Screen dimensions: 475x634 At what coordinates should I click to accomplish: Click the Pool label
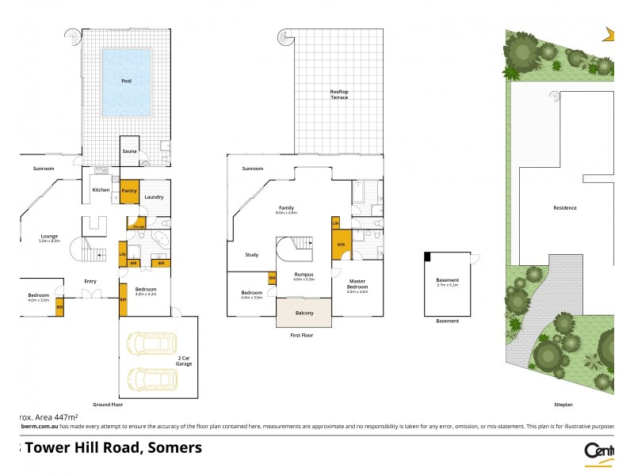(126, 82)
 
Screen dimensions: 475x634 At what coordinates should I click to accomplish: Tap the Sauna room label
(129, 150)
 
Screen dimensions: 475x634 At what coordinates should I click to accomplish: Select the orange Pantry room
(129, 191)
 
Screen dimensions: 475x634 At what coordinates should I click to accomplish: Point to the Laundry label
(155, 197)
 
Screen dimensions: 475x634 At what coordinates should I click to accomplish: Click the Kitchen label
(101, 190)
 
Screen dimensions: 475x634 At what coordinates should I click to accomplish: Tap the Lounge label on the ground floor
(50, 235)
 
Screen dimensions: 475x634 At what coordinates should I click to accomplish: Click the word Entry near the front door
(90, 281)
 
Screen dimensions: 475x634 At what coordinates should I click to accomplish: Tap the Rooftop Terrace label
(339, 94)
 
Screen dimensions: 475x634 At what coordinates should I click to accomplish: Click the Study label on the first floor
(251, 255)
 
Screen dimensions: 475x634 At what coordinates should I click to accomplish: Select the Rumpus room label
(304, 275)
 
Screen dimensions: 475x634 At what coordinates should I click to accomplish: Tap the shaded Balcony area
(304, 313)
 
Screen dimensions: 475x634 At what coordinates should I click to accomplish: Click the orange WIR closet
(341, 245)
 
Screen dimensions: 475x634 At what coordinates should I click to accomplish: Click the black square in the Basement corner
(428, 256)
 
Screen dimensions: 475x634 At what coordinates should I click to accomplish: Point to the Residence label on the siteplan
(565, 208)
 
